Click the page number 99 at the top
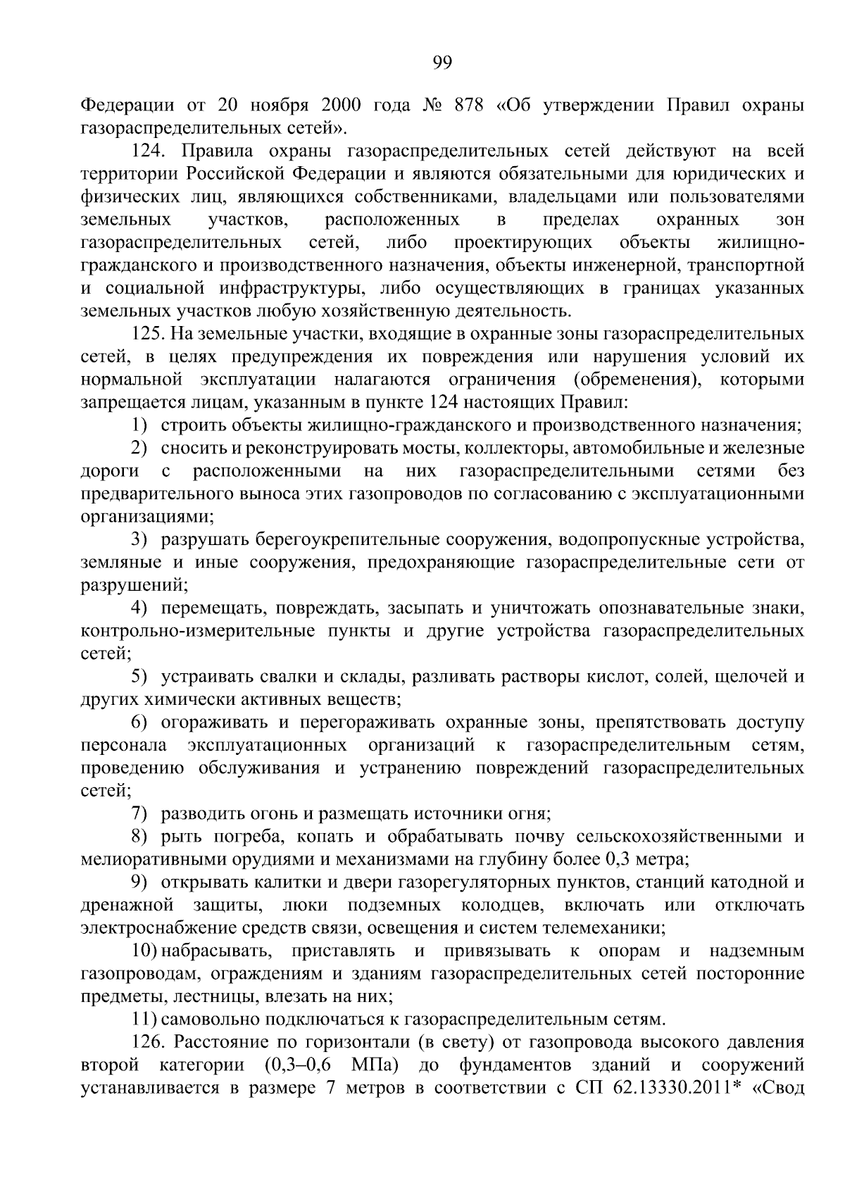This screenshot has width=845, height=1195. [442, 63]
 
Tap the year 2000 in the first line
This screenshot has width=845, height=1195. [342, 106]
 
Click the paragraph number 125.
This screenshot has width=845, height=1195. [152, 334]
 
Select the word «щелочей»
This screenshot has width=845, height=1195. [752, 677]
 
